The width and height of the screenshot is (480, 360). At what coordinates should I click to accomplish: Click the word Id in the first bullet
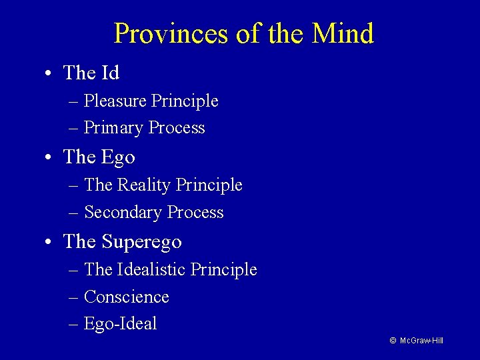pyautogui.click(x=110, y=72)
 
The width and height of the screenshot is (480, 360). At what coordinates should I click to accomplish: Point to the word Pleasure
pyautogui.click(x=116, y=101)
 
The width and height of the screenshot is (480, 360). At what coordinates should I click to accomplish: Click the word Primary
pyautogui.click(x=115, y=128)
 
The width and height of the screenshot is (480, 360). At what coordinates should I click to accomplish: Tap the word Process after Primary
pyautogui.click(x=177, y=128)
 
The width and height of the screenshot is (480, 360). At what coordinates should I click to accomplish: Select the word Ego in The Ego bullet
pyautogui.click(x=119, y=157)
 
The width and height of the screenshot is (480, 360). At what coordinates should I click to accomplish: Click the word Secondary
pyautogui.click(x=123, y=213)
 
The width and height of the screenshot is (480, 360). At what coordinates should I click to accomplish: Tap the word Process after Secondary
pyautogui.click(x=195, y=213)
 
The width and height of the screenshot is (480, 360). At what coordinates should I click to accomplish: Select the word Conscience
pyautogui.click(x=127, y=297)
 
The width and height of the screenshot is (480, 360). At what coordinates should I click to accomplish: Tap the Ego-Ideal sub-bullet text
pyautogui.click(x=121, y=324)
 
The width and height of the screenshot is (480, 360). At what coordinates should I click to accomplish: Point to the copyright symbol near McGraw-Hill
pyautogui.click(x=393, y=341)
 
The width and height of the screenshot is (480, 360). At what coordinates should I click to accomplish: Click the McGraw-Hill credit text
pyautogui.click(x=422, y=341)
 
